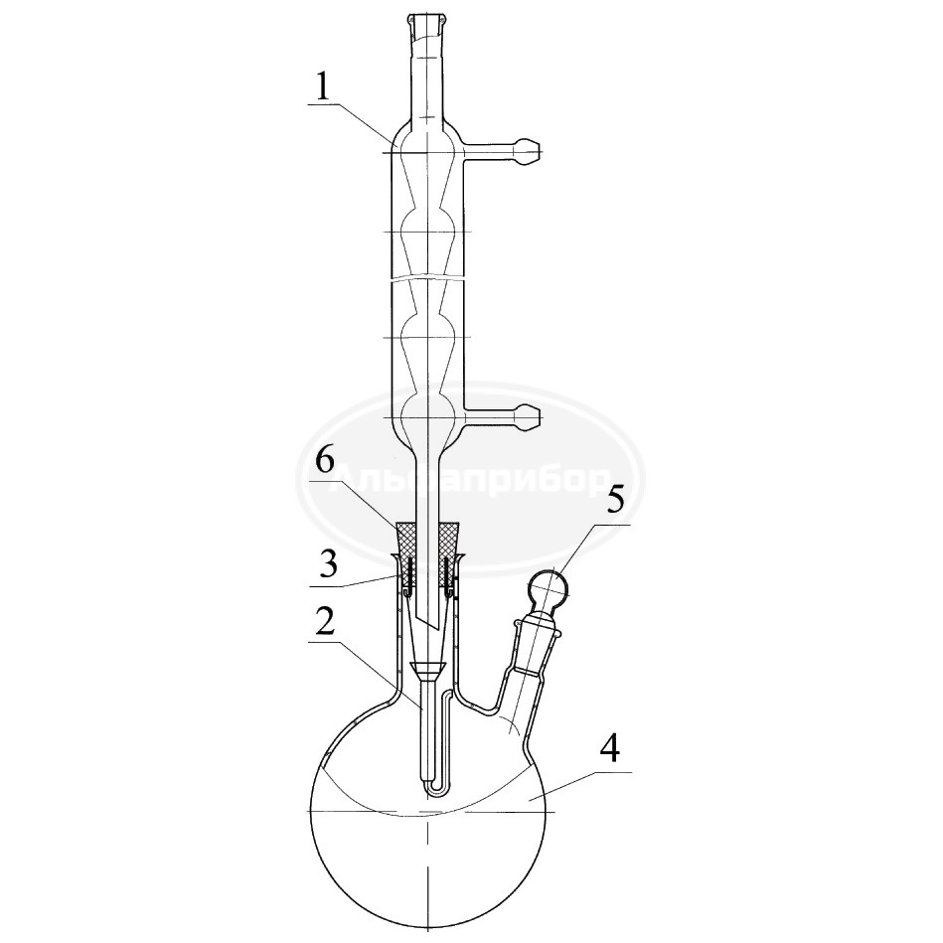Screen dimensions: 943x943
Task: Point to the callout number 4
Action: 609,750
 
